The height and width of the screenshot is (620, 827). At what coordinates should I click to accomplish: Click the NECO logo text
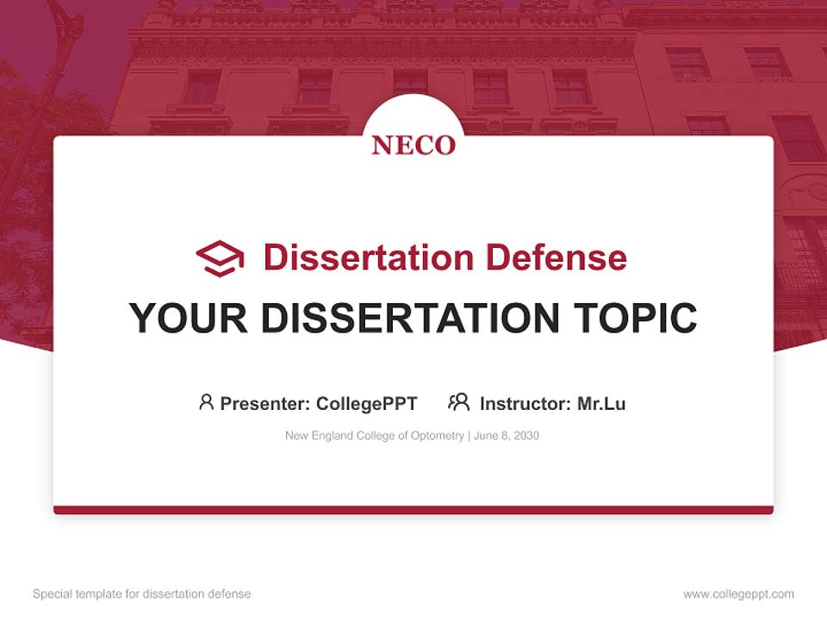click(x=413, y=146)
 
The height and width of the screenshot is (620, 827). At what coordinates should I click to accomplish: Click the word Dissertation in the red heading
click(x=368, y=257)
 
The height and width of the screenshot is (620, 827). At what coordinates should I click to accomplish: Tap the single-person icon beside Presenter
click(x=206, y=402)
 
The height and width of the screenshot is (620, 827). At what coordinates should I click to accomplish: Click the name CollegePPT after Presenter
click(x=366, y=403)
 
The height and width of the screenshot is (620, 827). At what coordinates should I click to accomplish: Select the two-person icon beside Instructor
click(x=459, y=402)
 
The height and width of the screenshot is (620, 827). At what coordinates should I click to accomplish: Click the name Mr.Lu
click(x=601, y=403)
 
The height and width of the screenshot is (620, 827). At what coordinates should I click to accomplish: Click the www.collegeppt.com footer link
click(x=738, y=594)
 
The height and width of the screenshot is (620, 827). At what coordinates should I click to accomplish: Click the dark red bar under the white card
click(x=413, y=510)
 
